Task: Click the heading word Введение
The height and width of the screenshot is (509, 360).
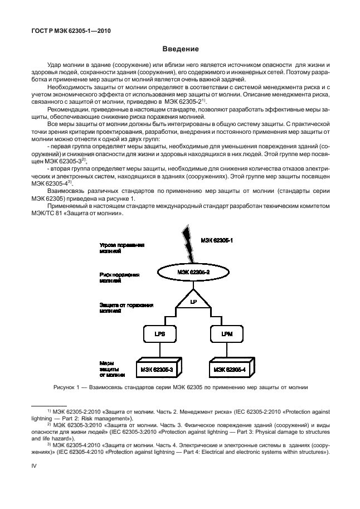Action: [x=180, y=50]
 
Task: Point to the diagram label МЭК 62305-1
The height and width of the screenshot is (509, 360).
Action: [x=217, y=240]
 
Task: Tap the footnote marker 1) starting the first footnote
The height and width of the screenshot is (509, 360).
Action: [x=49, y=411]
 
